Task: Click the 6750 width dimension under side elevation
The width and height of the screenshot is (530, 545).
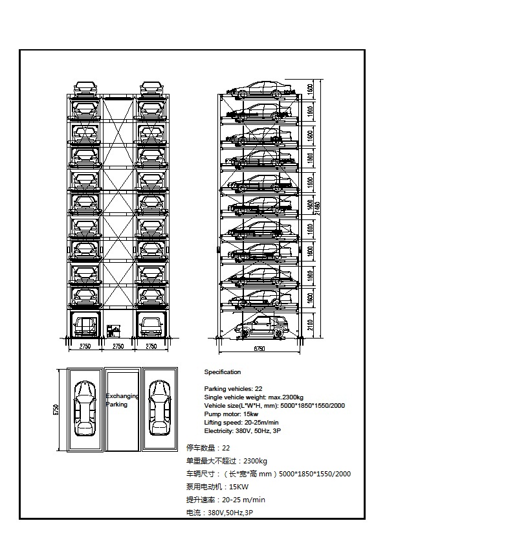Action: pyautogui.click(x=258, y=348)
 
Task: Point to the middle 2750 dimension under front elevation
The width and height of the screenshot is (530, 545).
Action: pyautogui.click(x=118, y=347)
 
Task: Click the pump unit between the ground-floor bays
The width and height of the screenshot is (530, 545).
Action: pyautogui.click(x=113, y=331)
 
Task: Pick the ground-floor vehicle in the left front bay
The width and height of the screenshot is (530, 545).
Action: pyautogui.click(x=85, y=325)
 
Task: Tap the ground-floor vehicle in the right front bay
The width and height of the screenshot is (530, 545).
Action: pyautogui.click(x=151, y=325)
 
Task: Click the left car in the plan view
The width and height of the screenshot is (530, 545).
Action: pyautogui.click(x=85, y=408)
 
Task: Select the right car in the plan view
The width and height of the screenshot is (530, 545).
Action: pyautogui.click(x=159, y=408)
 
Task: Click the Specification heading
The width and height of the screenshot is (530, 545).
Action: pyautogui.click(x=222, y=372)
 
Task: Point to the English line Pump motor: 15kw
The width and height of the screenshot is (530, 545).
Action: pyautogui.click(x=231, y=414)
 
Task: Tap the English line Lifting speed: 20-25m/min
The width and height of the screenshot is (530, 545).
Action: pyautogui.click(x=242, y=422)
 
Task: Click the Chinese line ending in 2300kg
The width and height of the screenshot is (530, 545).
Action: pyautogui.click(x=226, y=461)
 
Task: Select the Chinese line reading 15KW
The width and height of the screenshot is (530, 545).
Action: pyautogui.click(x=217, y=487)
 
